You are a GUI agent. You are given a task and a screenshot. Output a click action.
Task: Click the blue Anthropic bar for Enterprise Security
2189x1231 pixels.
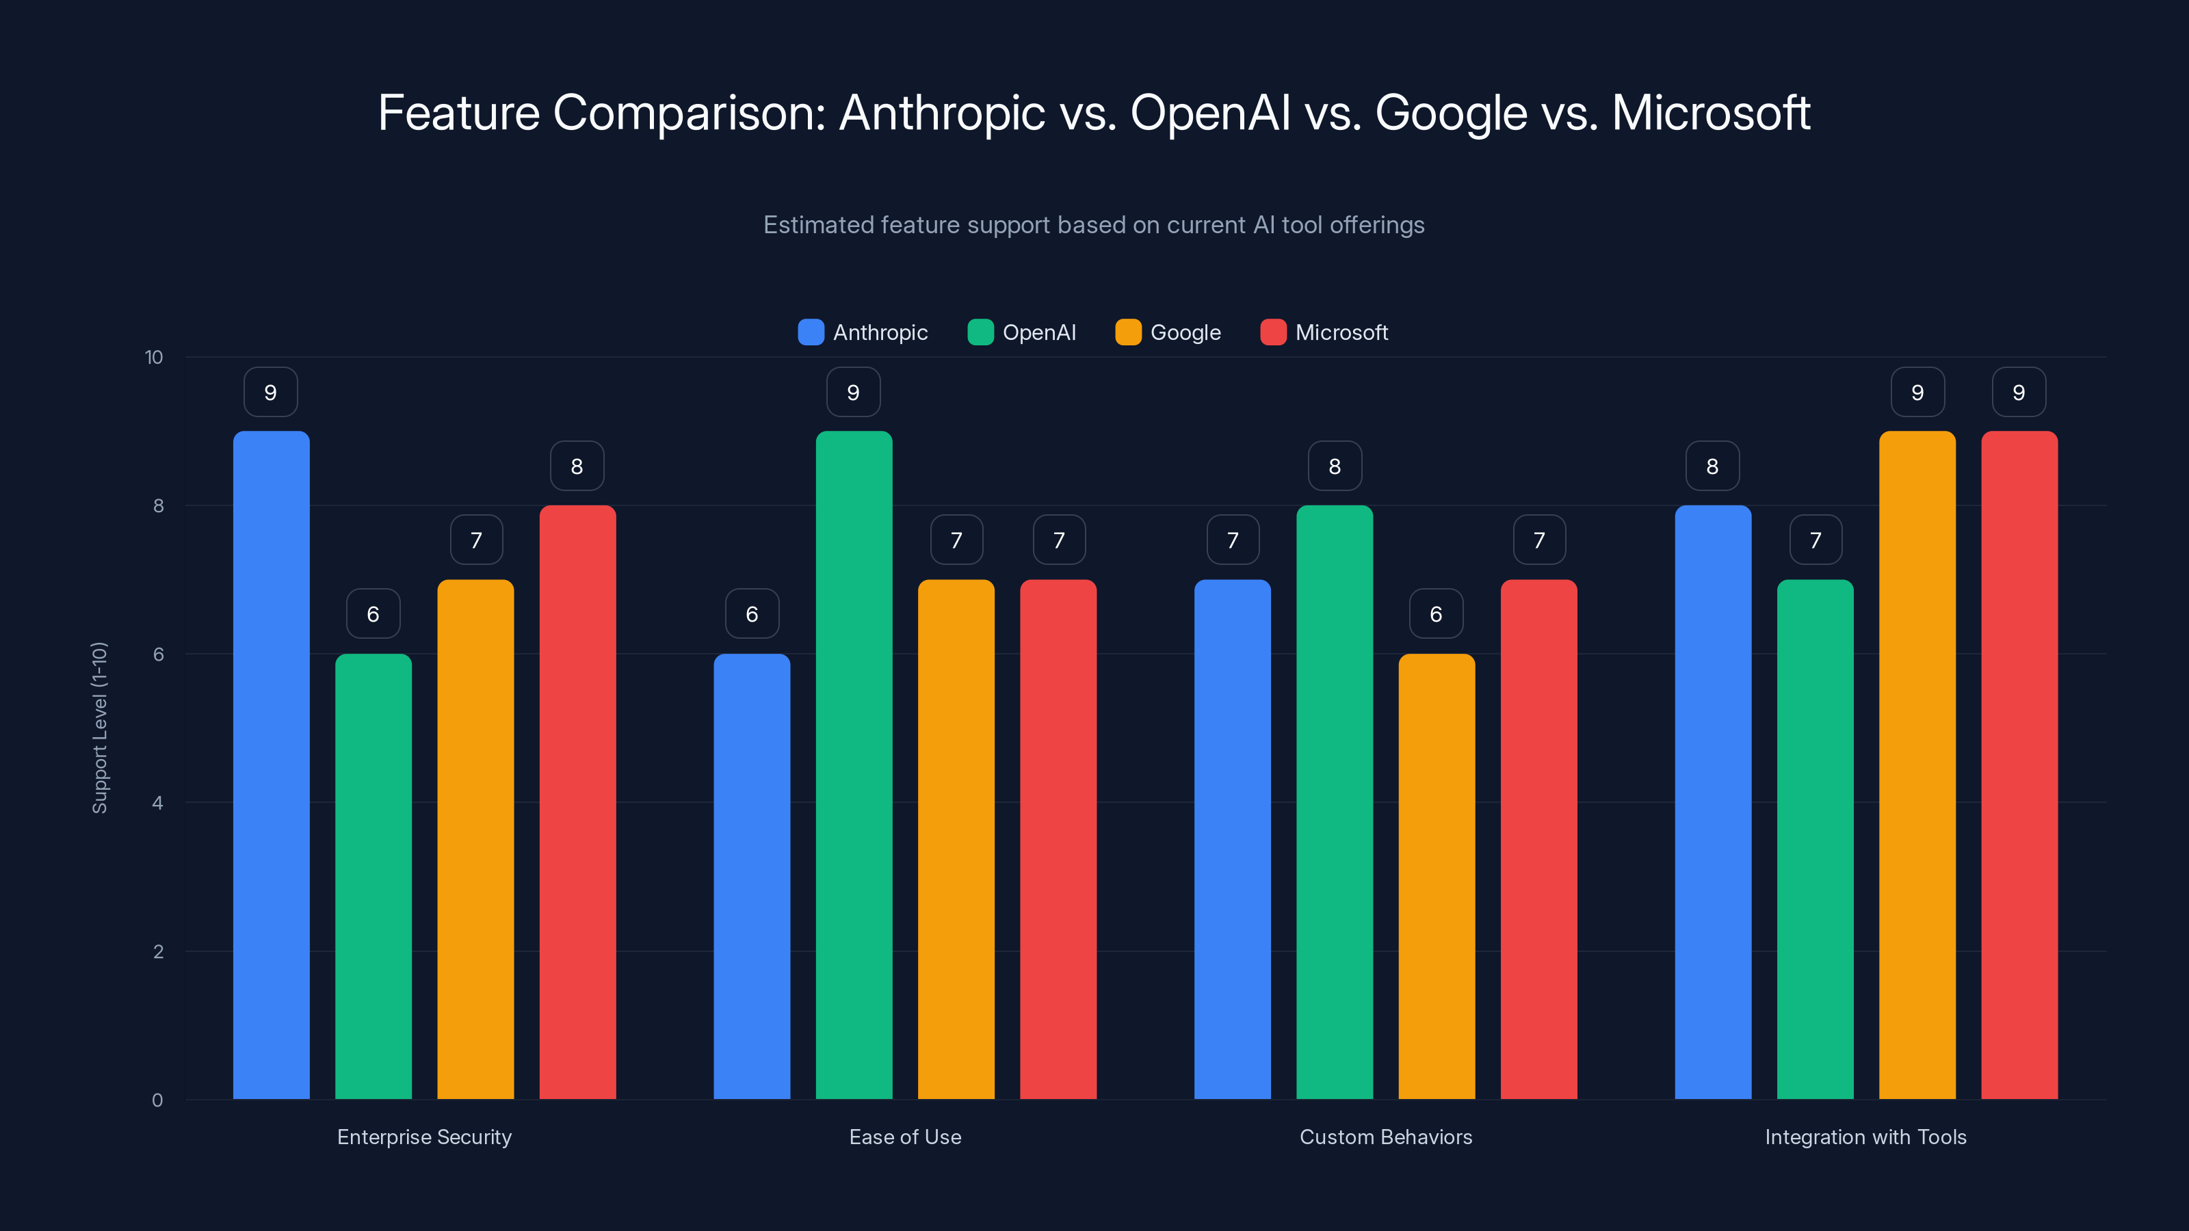(271, 765)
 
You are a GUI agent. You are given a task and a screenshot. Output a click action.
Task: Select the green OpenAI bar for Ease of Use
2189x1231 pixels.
(854, 765)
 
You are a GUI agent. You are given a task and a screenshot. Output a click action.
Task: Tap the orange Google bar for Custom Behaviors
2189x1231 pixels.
(1436, 875)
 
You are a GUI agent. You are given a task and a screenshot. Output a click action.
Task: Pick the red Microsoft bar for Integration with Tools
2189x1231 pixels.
(2019, 765)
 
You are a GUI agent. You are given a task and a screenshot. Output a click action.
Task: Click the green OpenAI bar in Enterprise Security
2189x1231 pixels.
(373, 875)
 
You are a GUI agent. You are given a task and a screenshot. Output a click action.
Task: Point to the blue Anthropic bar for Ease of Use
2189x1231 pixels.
(751, 875)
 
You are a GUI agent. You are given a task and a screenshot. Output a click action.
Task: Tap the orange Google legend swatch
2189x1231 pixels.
(1127, 332)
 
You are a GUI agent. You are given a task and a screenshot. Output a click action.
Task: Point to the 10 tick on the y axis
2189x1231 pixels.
(154, 357)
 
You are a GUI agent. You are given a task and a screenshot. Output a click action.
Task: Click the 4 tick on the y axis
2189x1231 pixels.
(157, 803)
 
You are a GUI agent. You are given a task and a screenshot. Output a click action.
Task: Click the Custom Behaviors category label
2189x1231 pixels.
(1385, 1137)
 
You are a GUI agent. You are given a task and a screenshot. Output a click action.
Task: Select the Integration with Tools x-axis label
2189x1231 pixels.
(1865, 1137)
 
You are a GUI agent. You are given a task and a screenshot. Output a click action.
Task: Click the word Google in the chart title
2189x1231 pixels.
(1450, 113)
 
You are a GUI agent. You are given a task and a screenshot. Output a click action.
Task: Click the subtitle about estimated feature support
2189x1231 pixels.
(1094, 225)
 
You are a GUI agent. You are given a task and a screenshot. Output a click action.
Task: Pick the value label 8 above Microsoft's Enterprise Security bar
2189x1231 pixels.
(577, 466)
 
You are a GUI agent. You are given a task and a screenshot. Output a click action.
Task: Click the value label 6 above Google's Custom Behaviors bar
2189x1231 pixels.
(1436, 614)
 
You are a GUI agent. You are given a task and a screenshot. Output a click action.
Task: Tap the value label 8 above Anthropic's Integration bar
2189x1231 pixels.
(1712, 466)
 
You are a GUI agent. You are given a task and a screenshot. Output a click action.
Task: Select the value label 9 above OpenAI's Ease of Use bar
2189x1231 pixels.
(853, 393)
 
